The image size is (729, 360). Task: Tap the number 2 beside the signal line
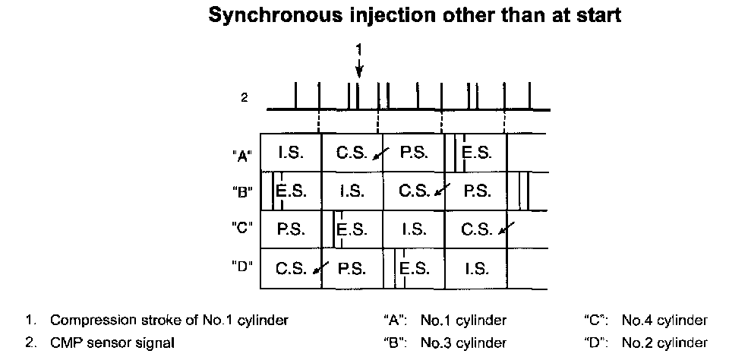coord(245,98)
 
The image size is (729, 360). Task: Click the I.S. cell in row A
coord(291,153)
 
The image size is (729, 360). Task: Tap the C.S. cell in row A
coord(352,153)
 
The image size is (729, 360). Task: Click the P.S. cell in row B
coord(477,190)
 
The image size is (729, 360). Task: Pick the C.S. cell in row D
coord(291,267)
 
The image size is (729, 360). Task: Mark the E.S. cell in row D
coord(415,267)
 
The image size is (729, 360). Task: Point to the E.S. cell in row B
coord(291,190)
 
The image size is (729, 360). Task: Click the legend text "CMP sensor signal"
coord(112,343)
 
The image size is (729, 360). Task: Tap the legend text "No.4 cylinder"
coord(664,321)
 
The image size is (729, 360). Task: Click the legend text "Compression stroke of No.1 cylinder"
coord(169,321)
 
